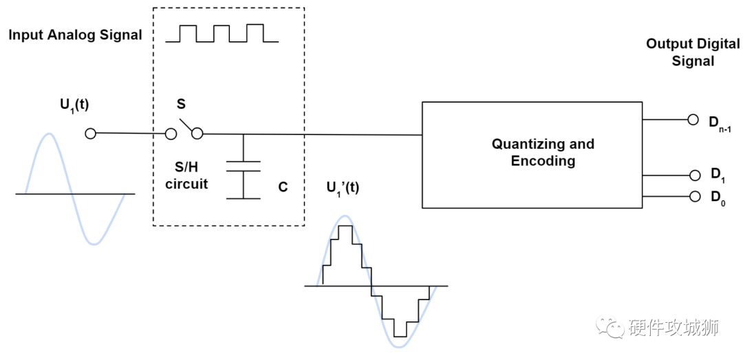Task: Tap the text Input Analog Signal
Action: point(75,35)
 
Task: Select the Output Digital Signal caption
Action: point(693,52)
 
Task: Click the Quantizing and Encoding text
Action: point(542,153)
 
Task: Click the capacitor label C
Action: point(283,186)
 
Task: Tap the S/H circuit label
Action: point(186,175)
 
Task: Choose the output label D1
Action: point(717,177)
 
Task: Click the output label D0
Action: point(717,198)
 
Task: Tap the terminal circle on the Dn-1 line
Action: point(693,120)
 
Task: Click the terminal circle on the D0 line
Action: point(693,197)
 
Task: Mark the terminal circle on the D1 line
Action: point(693,175)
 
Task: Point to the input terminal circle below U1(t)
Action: point(90,134)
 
